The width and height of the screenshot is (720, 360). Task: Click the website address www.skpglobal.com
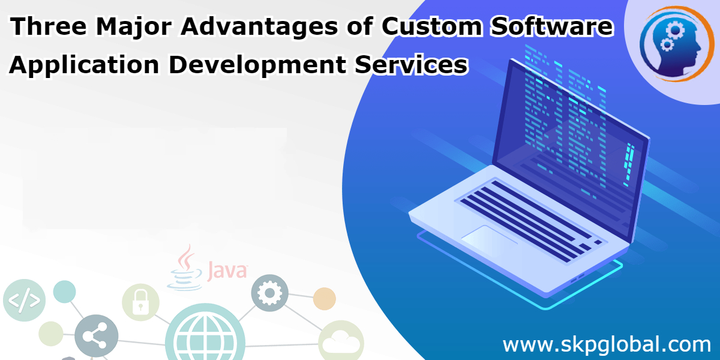pyautogui.click(x=606, y=345)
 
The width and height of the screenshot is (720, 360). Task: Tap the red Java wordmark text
pyautogui.click(x=227, y=271)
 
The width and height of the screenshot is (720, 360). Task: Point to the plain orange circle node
pyautogui.click(x=325, y=298)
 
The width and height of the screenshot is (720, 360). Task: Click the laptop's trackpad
pyautogui.click(x=489, y=238)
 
